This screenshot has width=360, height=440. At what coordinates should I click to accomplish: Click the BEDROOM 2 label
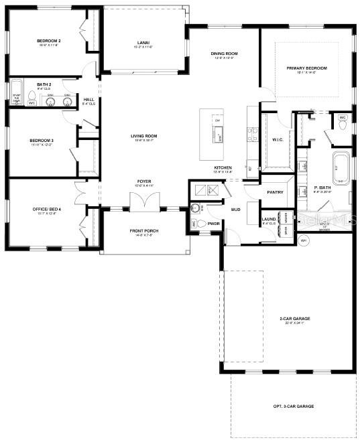point(49,42)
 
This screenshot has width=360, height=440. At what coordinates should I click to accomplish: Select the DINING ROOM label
point(225,54)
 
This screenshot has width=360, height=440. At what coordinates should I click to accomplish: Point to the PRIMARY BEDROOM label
point(306,68)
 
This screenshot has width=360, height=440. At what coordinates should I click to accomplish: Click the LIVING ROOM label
point(143,136)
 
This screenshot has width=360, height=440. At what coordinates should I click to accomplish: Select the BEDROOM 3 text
point(41,141)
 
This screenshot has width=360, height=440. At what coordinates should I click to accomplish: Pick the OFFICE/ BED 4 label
point(47,210)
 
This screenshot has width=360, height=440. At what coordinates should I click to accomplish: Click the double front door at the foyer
point(143,200)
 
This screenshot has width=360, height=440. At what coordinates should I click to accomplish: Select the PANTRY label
point(275,192)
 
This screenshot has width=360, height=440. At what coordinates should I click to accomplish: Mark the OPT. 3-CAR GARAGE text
point(293,407)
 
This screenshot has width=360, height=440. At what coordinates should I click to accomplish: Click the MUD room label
point(235,210)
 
